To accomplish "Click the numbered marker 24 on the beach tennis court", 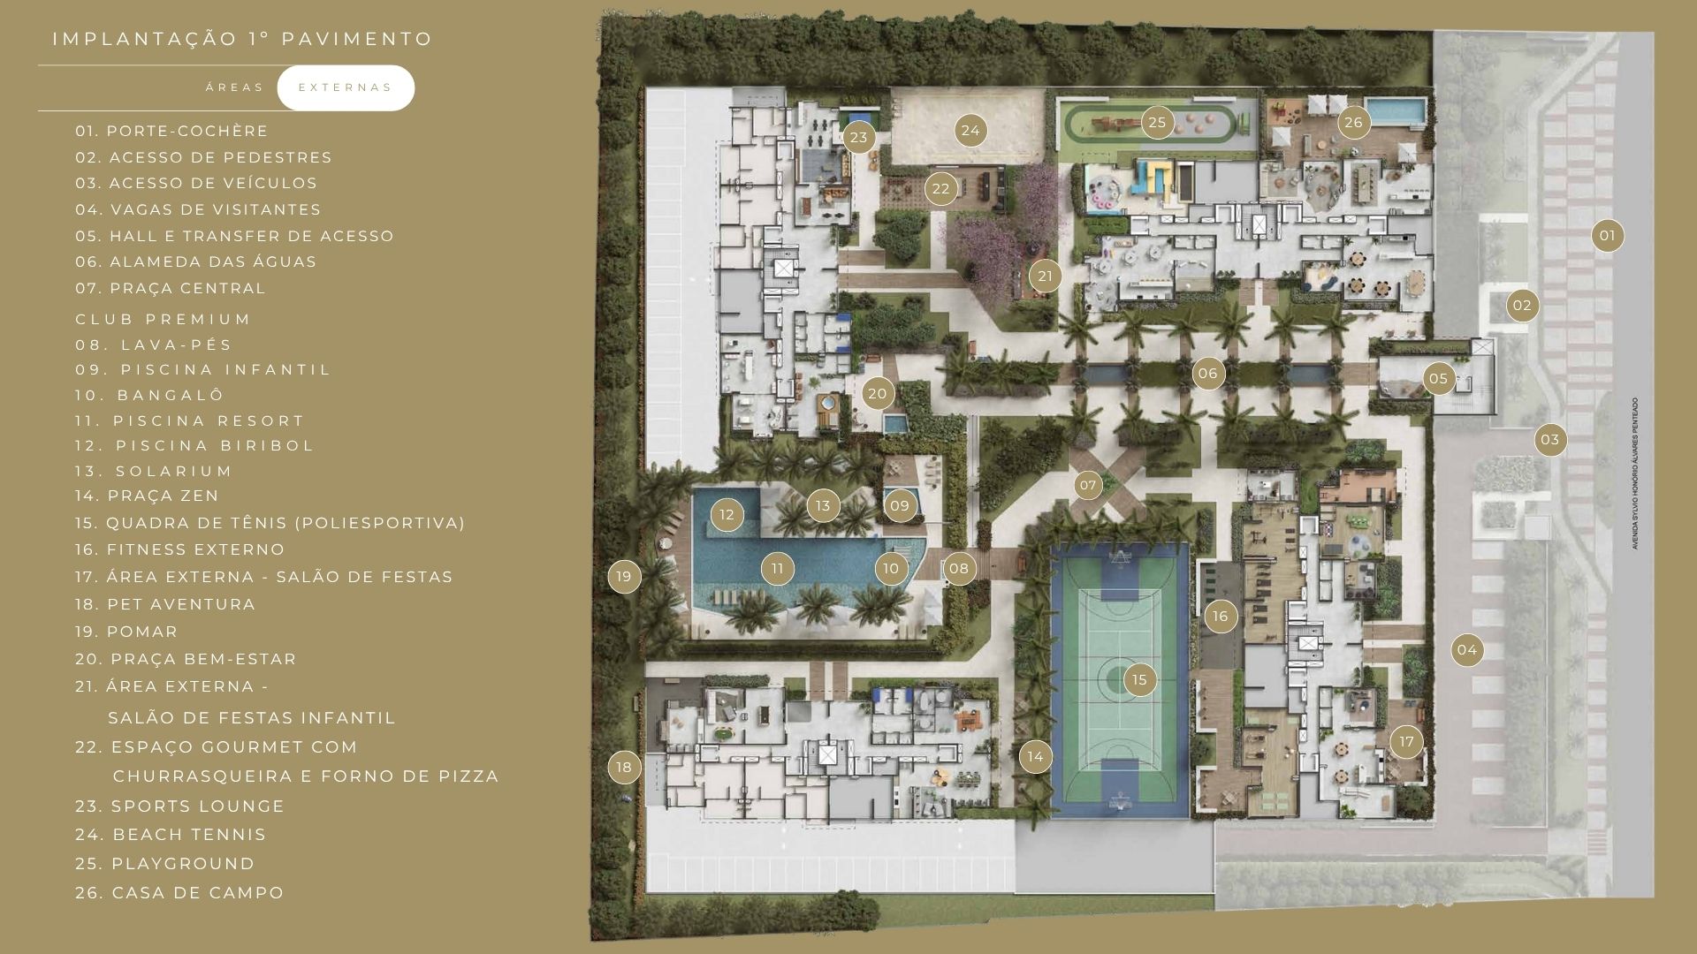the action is coord(970,131).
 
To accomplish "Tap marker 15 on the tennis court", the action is coord(1139,679).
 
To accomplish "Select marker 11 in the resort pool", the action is coord(778,569).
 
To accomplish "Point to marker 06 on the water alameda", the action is coord(1207,373).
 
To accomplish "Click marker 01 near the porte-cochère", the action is coord(1607,236).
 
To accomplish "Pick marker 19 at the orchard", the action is coord(624,577).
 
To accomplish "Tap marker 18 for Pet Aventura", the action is coord(624,767).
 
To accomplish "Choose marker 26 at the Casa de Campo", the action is coord(1353,123).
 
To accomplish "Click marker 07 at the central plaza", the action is coord(1088,485).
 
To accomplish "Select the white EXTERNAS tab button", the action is coord(346,87).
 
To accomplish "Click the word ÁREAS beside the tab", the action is coord(235,87).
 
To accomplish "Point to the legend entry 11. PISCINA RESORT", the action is coord(190,421).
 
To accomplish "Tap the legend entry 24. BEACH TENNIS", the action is coord(171,835).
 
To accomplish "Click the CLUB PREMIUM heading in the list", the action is coord(164,319).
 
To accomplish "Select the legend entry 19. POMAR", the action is coord(126,632).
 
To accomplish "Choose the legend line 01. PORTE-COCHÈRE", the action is coord(171,131).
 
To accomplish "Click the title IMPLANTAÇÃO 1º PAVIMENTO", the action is coord(243,39).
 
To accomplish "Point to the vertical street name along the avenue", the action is coord(1635,473).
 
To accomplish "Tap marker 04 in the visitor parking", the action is coord(1467,650).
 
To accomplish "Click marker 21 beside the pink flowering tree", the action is coord(1045,276).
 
